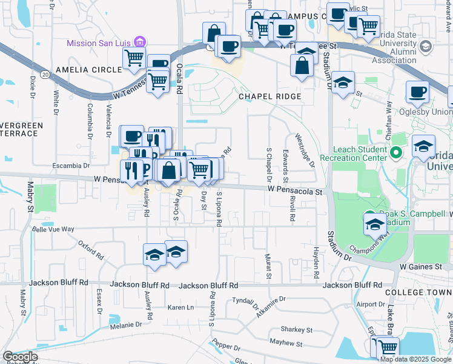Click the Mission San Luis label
pos(99,43)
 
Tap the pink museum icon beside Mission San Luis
pos(140,42)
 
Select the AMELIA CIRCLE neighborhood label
pos(88,70)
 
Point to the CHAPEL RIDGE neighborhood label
pos(269,96)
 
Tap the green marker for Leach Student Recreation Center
pos(397,153)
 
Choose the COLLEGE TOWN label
pos(418,292)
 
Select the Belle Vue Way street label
pos(53,229)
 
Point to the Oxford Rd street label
pos(90,249)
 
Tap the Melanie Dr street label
pos(125,325)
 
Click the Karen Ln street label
pos(180,308)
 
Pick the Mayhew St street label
pos(287,344)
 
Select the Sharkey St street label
pos(296,329)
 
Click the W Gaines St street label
pos(419,266)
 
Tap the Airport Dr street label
pos(371,305)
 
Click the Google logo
pos(19,357)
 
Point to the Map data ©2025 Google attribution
pos(415,359)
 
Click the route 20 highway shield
pos(46,73)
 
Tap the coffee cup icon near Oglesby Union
pos(417,93)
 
